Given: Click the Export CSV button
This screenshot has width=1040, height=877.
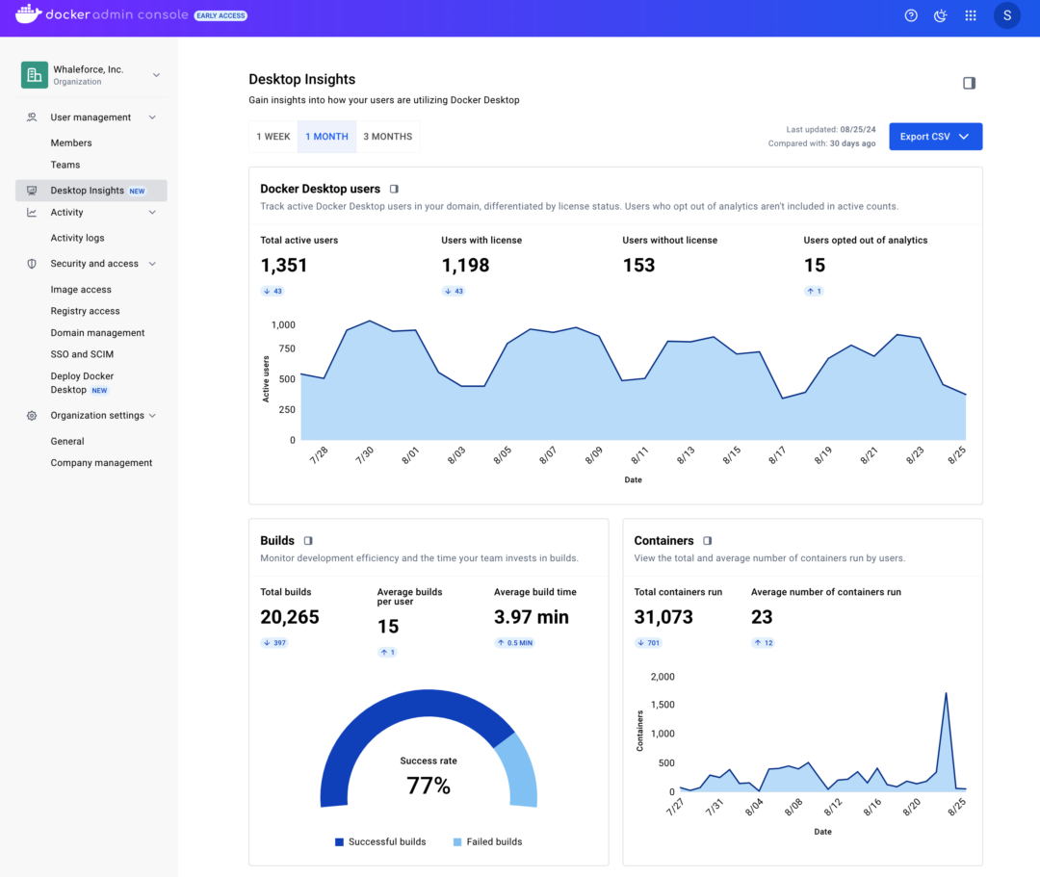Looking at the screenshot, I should [935, 137].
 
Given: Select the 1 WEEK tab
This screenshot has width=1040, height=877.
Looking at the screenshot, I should [273, 137].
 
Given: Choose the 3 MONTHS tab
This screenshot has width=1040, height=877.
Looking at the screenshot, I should [387, 137].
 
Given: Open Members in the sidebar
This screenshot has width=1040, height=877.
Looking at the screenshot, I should [71, 143].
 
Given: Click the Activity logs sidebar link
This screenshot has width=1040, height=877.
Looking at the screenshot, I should [77, 238].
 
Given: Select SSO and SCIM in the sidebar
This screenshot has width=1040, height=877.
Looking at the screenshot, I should [82, 354].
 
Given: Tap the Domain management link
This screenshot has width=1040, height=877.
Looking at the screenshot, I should [97, 333].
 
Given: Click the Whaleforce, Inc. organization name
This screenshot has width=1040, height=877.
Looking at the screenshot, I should [88, 69].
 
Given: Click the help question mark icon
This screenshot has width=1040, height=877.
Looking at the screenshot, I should [911, 15].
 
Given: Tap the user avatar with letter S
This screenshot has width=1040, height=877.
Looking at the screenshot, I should [1006, 15].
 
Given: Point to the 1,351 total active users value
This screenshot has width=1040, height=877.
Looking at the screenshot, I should [284, 266].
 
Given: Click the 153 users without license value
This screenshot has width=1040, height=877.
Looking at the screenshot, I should [638, 266].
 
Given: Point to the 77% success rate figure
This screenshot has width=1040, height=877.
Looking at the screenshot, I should [429, 786].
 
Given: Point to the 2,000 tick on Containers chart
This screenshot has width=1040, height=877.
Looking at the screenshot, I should [663, 677].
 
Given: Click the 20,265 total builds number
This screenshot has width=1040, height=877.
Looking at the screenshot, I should [290, 617].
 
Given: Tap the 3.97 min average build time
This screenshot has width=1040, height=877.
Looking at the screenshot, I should [531, 617].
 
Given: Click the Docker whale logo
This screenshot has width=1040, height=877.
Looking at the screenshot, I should [28, 14].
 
